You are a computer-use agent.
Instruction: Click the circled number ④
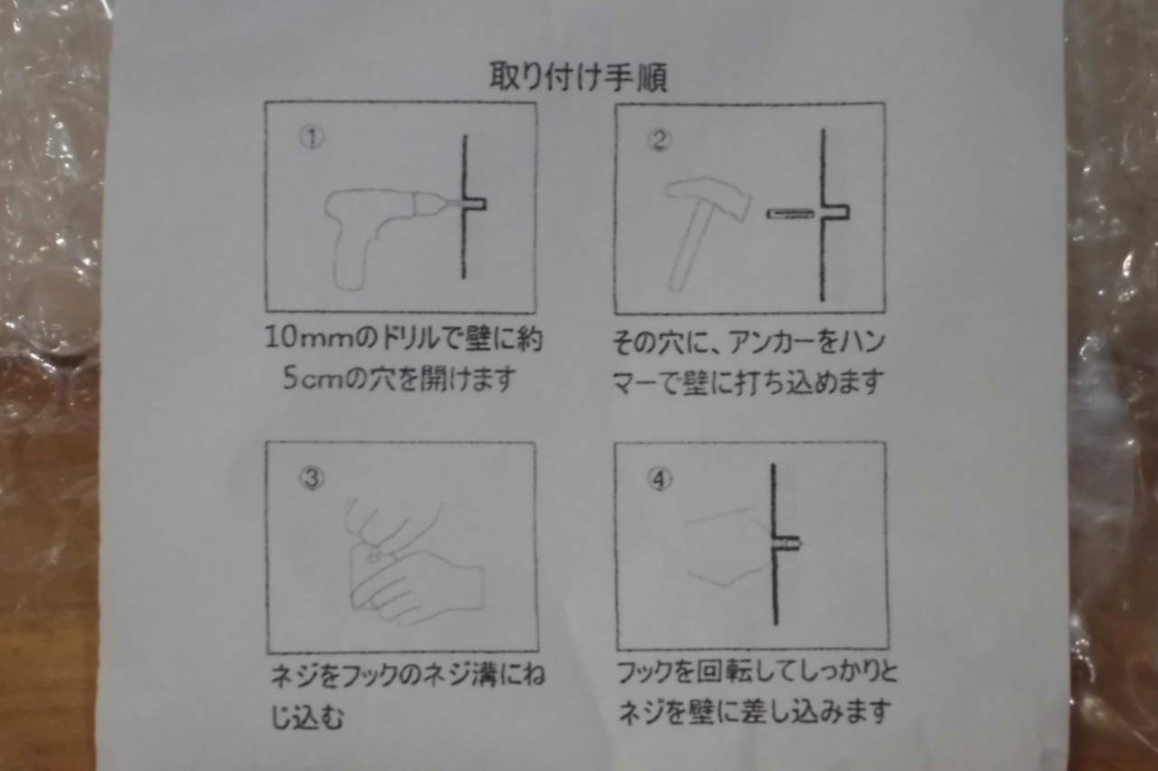pyautogui.click(x=661, y=479)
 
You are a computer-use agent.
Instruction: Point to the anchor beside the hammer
pyautogui.click(x=791, y=214)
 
